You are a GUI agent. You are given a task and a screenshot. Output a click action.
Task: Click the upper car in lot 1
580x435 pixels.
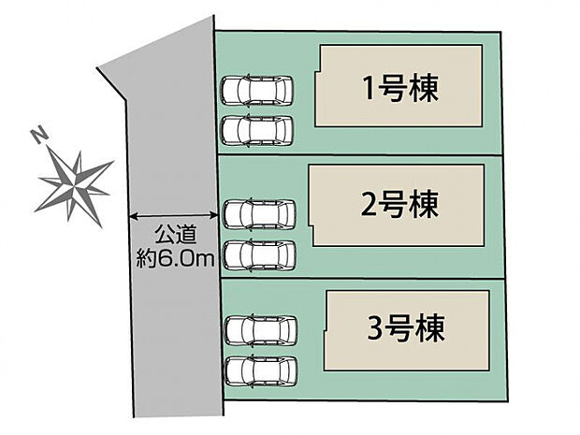257,91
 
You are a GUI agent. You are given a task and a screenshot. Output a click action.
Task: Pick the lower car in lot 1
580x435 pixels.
257,130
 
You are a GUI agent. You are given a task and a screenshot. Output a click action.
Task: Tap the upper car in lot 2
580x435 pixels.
260,213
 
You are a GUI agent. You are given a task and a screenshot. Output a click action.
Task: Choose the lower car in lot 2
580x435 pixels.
260,253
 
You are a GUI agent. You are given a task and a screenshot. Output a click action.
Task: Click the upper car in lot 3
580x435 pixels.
261,329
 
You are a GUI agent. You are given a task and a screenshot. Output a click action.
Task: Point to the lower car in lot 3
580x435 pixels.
261,370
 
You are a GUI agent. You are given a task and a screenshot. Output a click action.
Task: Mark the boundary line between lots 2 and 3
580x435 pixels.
365,279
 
